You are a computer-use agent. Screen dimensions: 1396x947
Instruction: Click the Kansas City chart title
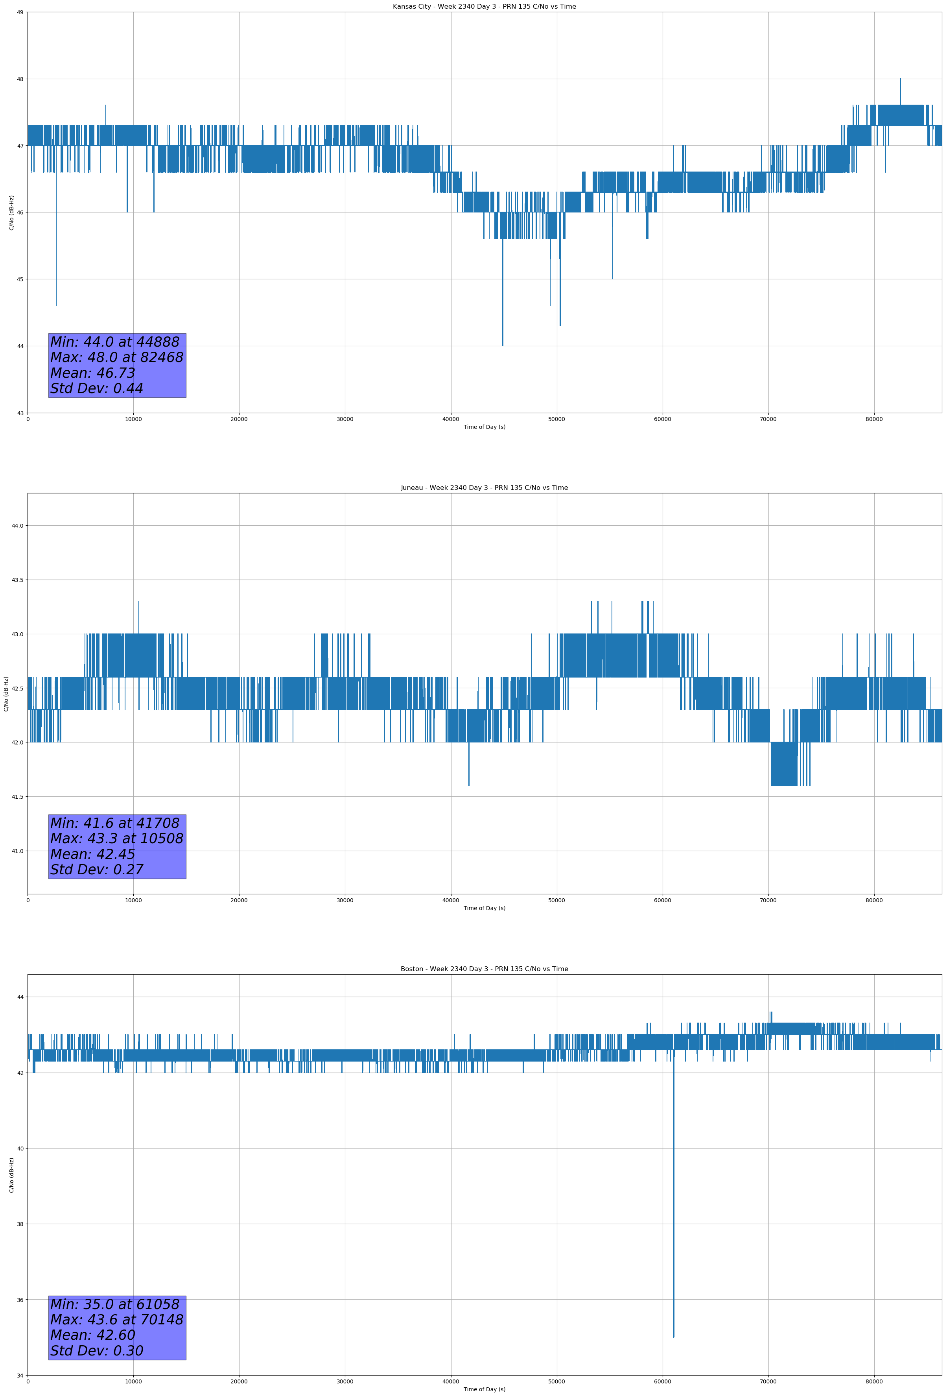(484, 7)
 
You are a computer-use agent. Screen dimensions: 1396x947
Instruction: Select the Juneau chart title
(484, 488)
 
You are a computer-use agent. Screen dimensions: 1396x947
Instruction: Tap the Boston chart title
(484, 969)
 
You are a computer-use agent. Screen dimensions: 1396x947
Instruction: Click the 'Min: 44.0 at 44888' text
(115, 342)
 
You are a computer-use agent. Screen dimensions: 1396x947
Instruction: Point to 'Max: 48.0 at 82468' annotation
(116, 357)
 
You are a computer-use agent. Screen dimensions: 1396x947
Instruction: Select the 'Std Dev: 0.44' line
(97, 389)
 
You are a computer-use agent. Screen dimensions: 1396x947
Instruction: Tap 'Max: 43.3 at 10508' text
(116, 838)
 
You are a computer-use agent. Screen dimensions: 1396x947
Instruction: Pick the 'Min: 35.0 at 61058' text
(115, 1304)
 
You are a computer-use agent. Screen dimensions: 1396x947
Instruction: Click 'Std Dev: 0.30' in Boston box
(97, 1351)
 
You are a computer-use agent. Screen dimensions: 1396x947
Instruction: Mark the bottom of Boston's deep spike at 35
(674, 1337)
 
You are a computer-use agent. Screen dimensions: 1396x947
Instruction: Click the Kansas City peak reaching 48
(900, 79)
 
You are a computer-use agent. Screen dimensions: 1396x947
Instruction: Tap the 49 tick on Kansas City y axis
(20, 12)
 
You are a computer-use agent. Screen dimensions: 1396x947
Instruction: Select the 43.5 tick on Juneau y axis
(17, 580)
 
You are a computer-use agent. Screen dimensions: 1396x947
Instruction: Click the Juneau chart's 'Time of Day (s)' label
(484, 908)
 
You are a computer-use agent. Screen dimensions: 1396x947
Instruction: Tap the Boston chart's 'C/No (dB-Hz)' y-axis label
(11, 1174)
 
